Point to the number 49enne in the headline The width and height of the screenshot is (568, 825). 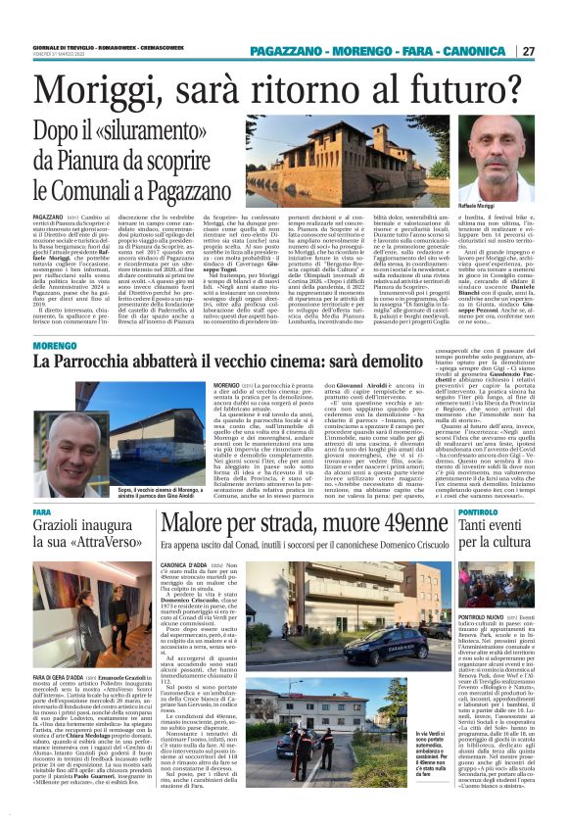click(406, 523)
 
